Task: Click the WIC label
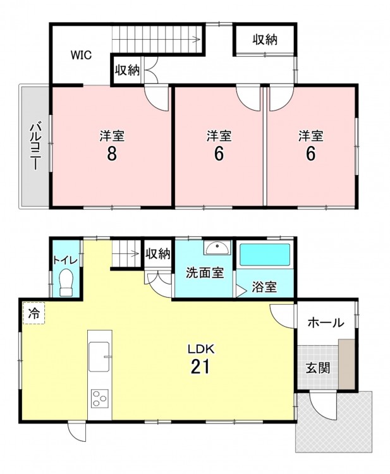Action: [x=81, y=56]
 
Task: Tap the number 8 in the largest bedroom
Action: [x=111, y=154]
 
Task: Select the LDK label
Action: [x=201, y=349]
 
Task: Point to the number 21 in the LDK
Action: [x=200, y=367]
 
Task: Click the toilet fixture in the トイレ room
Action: [x=66, y=283]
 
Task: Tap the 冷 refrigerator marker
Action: [x=34, y=313]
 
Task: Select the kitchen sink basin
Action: [x=99, y=356]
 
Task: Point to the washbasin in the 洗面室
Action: [x=217, y=248]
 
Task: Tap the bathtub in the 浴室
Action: [x=265, y=255]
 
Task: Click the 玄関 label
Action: [x=317, y=368]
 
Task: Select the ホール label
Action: [x=326, y=323]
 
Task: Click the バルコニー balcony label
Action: [x=35, y=145]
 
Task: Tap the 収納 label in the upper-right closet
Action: [x=265, y=40]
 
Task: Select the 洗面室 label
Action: [x=205, y=272]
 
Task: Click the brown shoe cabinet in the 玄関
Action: [x=346, y=364]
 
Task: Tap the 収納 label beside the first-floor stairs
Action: [x=158, y=254]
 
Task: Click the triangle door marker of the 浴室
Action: [x=241, y=291]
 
